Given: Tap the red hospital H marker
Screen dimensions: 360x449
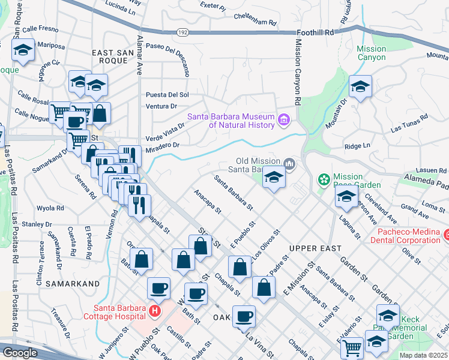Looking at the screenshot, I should (x=154, y=311).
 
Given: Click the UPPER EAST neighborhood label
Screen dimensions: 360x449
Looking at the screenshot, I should (x=315, y=248).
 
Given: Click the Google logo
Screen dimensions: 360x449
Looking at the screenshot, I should (x=20, y=353).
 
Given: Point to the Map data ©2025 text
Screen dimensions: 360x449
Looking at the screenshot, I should (x=423, y=355).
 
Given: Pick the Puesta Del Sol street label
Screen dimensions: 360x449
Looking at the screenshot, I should (x=167, y=95).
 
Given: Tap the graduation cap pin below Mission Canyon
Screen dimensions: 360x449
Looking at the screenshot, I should (x=360, y=87).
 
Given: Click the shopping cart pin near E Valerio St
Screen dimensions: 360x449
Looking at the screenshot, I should (x=352, y=347).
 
